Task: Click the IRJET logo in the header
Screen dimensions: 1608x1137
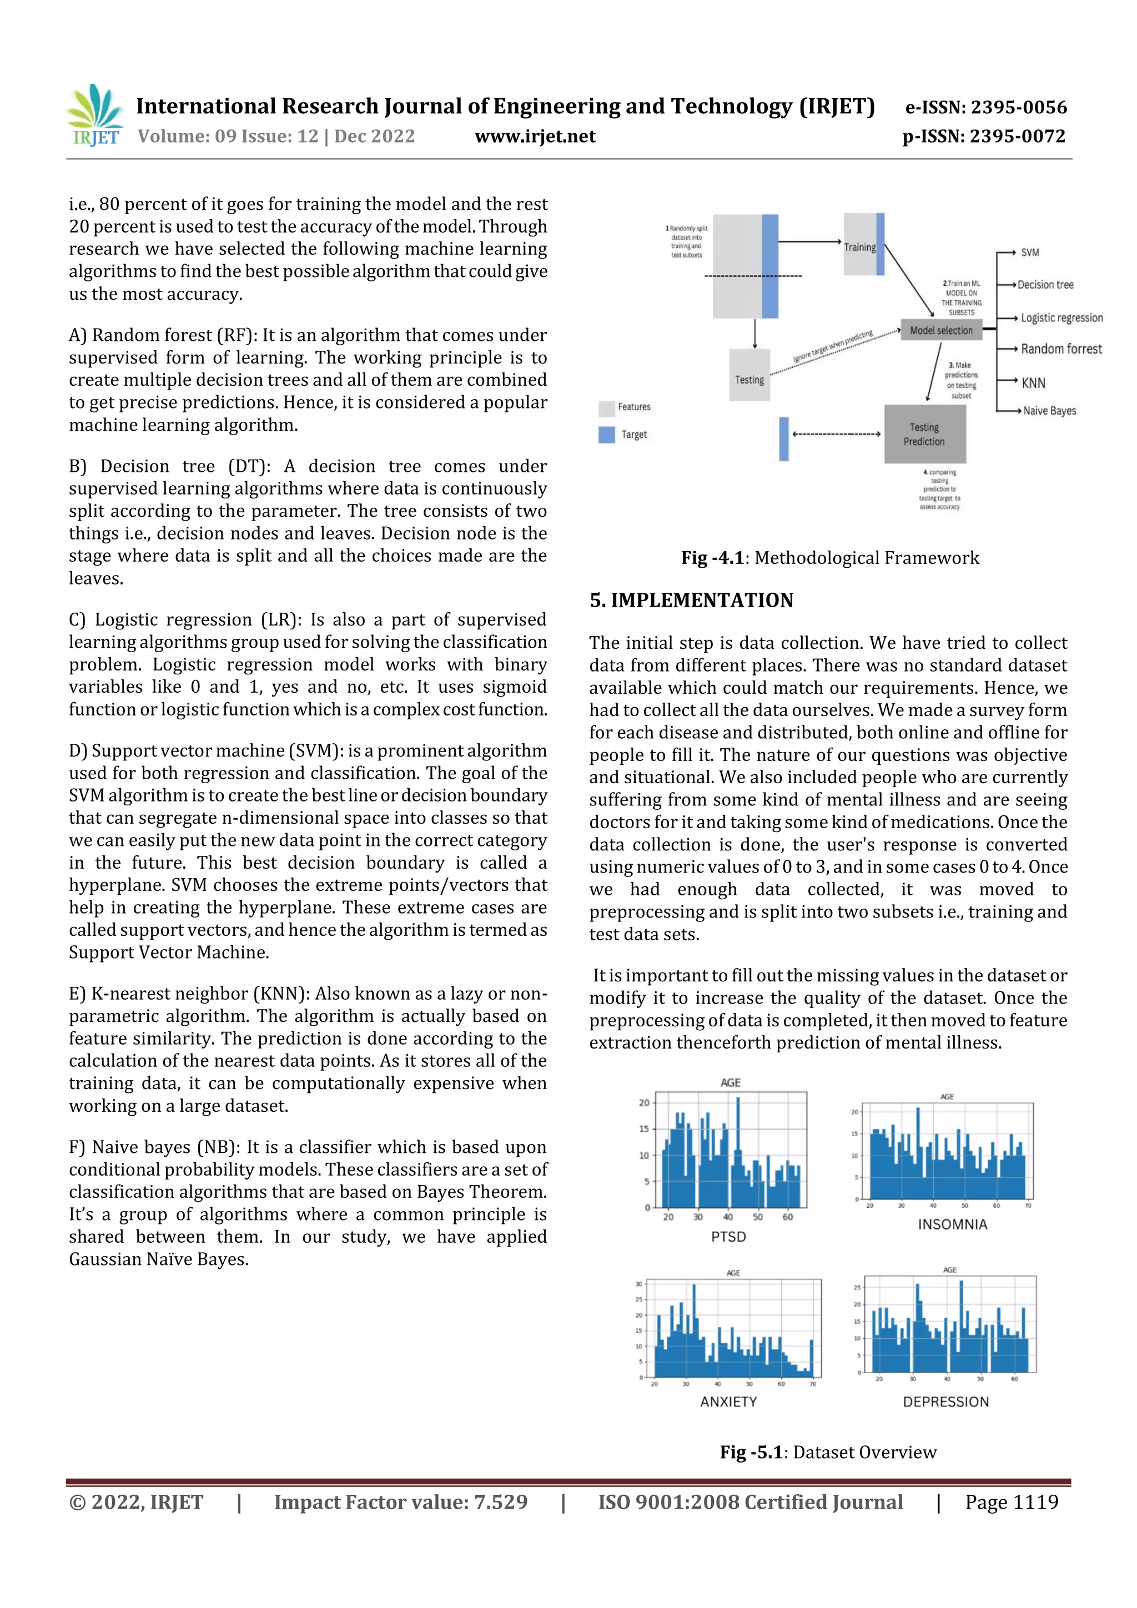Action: click(94, 115)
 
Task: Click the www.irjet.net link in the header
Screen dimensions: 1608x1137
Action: click(535, 137)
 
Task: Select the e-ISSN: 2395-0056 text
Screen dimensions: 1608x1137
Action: click(985, 107)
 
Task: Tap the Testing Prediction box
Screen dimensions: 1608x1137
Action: click(924, 434)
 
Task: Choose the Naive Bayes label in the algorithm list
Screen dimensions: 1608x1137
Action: click(1049, 411)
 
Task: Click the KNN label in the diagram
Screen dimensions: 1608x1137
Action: click(1033, 383)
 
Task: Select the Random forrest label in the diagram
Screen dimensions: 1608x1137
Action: click(1060, 349)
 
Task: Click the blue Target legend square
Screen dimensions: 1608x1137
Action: click(606, 435)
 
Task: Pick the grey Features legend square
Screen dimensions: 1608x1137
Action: click(606, 407)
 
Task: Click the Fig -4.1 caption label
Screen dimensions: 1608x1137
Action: click(712, 558)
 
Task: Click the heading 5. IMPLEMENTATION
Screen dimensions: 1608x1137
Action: click(691, 600)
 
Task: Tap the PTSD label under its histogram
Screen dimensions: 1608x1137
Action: click(728, 1237)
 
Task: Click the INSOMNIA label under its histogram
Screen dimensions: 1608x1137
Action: click(952, 1225)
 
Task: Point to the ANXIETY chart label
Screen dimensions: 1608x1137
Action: click(728, 1402)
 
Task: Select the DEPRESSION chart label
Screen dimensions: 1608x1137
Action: click(946, 1402)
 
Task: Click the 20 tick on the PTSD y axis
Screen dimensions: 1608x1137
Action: click(644, 1103)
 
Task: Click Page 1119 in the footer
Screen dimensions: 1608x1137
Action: click(1011, 1502)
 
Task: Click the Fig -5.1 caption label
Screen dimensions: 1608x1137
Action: click(751, 1453)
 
